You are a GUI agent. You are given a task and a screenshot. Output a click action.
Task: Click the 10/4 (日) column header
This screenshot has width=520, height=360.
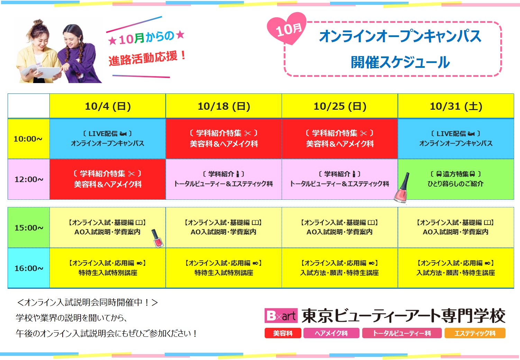pos(108,106)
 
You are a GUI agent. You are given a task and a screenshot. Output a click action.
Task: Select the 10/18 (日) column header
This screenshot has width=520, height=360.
pos(224,106)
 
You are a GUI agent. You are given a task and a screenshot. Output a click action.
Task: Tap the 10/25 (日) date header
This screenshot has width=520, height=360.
pos(340,106)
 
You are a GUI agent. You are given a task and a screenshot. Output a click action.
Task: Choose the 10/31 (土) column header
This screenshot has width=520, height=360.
pos(456,106)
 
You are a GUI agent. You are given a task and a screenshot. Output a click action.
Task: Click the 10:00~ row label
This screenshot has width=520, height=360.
pos(29,139)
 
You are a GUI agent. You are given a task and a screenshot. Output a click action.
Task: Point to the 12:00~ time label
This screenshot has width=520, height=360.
pos(29,179)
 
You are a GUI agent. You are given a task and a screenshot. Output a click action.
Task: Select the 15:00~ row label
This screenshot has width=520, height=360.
pos(29,228)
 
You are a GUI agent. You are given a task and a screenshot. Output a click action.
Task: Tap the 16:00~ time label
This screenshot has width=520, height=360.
pos(29,268)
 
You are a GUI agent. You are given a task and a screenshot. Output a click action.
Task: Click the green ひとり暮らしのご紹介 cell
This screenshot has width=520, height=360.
pos(456,179)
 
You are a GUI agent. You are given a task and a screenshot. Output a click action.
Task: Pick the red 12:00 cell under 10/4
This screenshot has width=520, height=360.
pos(108,179)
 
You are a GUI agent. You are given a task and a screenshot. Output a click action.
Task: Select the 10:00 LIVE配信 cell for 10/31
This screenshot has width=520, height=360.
pos(456,139)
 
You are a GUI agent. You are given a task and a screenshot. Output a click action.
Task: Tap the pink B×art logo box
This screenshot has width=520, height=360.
pos(281,316)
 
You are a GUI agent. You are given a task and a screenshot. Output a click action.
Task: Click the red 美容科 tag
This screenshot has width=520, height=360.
pos(283,333)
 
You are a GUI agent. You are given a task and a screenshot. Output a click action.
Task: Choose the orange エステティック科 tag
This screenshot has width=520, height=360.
pos(475,333)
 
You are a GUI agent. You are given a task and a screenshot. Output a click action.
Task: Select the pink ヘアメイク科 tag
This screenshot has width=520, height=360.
pos(331,333)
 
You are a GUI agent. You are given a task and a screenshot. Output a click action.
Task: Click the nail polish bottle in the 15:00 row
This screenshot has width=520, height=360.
pos(157,238)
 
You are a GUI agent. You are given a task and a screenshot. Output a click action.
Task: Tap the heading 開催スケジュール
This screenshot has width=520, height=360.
pos(400,62)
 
